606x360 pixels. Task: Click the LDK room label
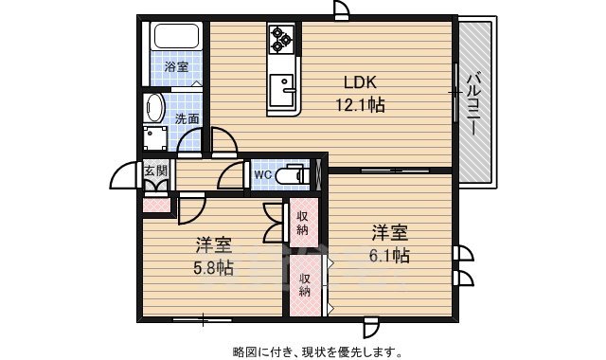[x=360, y=81]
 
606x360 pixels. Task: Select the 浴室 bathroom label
[x=175, y=67]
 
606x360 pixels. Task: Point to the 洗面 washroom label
[x=187, y=119]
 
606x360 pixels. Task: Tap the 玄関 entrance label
[x=156, y=171]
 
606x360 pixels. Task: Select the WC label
[x=262, y=175]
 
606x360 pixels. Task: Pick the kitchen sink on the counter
[x=282, y=90]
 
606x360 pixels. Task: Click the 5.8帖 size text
[x=213, y=267]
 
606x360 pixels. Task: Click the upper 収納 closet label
[x=303, y=224]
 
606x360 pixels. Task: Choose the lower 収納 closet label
[x=306, y=284]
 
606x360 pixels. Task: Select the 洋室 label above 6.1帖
[x=389, y=232]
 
